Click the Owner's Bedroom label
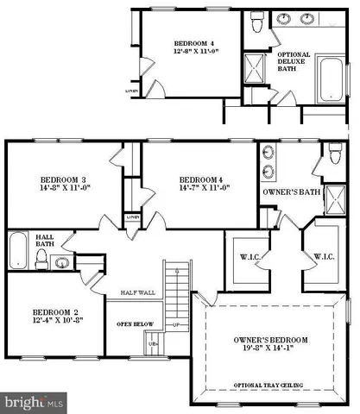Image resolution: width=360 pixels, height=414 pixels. click(x=270, y=340)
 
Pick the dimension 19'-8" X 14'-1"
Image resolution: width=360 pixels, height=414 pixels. click(x=270, y=352)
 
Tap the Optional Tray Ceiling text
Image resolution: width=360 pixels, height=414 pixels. click(x=270, y=386)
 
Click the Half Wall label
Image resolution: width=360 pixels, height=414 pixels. click(x=137, y=294)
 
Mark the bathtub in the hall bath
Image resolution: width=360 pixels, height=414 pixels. click(x=18, y=250)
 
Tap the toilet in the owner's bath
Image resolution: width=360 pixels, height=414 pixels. click(x=335, y=157)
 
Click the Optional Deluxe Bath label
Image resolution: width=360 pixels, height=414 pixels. click(x=294, y=61)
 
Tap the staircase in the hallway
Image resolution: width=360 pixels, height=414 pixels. click(x=175, y=277)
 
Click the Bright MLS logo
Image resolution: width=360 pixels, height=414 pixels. click(x=34, y=402)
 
